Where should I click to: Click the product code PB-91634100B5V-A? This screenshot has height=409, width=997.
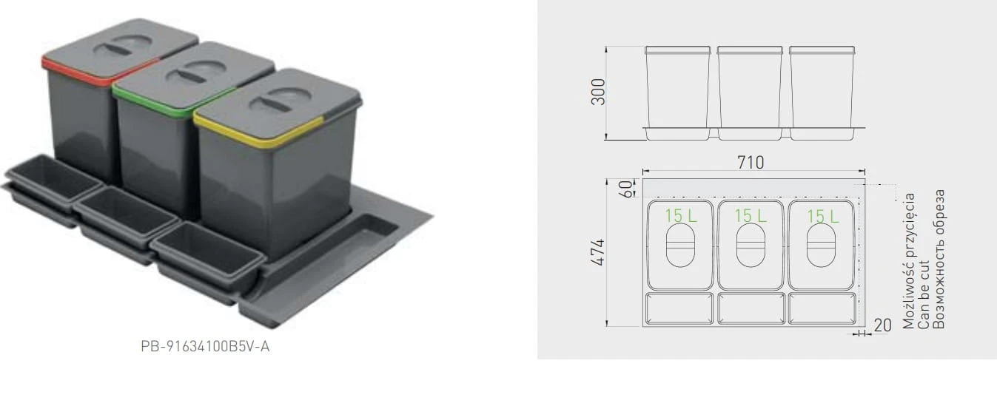tap(205, 346)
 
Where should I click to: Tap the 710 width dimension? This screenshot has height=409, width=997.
tap(751, 162)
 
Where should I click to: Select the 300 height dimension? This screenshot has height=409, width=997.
tap(598, 92)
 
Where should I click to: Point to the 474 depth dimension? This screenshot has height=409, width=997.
tap(598, 252)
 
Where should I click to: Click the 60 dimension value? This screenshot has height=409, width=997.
tap(625, 189)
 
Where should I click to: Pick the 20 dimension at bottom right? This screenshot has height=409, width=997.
tap(882, 325)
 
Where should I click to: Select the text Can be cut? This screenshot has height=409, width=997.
tap(923, 294)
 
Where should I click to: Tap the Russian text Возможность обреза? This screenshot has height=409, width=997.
tap(938, 259)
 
